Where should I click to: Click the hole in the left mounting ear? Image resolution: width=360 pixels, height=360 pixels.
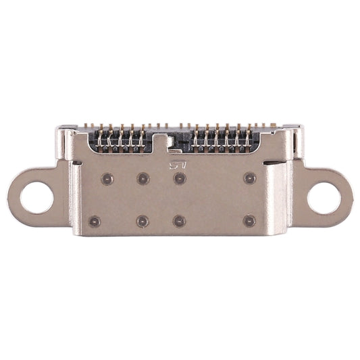(x=36, y=198)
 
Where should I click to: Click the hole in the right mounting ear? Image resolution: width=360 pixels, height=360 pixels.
(x=324, y=198)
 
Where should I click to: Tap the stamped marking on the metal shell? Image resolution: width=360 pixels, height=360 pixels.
(x=177, y=164)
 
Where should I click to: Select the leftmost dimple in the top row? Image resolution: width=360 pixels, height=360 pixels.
(x=106, y=179)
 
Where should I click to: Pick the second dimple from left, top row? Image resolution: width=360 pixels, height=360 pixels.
(x=143, y=179)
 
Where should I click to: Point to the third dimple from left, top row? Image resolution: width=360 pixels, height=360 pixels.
(x=180, y=178)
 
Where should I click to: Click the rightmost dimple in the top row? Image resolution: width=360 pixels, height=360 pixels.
(x=250, y=178)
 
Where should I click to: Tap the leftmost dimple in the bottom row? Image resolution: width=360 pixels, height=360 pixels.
(x=95, y=221)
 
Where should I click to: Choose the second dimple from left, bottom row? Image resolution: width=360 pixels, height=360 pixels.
(x=143, y=221)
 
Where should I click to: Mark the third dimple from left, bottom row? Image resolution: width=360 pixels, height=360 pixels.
(x=180, y=221)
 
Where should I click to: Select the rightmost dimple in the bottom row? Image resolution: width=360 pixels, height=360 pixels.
(x=250, y=220)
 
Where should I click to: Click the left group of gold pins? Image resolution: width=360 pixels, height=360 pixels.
(x=122, y=139)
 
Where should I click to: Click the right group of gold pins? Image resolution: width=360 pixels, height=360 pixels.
(x=223, y=139)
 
